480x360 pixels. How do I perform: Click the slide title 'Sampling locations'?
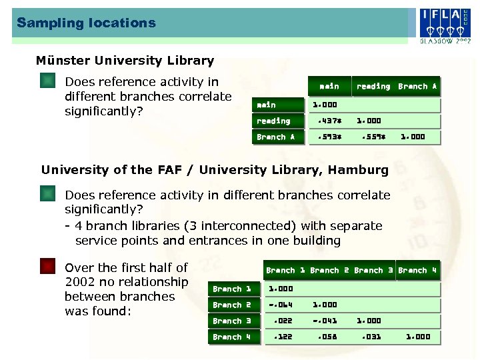pyautogui.click(x=86, y=23)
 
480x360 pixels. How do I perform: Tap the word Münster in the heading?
pyautogui.click(x=63, y=61)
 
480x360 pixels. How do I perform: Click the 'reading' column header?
pyautogui.click(x=373, y=87)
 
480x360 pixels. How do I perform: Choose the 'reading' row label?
pyautogui.click(x=274, y=121)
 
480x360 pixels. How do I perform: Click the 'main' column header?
pyautogui.click(x=329, y=87)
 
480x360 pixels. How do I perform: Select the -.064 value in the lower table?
pyautogui.click(x=280, y=305)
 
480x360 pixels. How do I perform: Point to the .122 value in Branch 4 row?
pyautogui.click(x=282, y=337)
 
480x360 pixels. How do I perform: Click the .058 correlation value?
pyautogui.click(x=327, y=337)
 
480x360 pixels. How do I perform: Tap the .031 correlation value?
pyautogui.click(x=371, y=337)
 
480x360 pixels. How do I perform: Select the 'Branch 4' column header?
pyautogui.click(x=417, y=271)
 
